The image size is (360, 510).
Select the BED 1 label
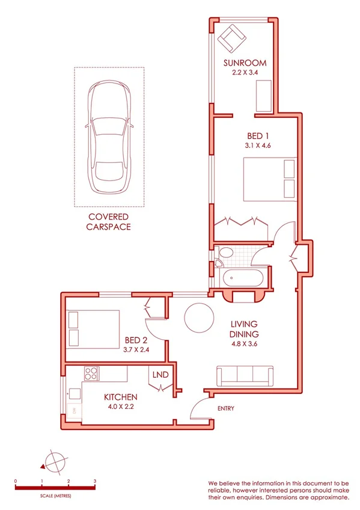245,136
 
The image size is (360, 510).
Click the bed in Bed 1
270,179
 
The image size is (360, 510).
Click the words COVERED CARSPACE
109,222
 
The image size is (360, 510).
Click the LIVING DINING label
245,330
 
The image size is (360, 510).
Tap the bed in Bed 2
93,328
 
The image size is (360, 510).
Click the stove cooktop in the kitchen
91,373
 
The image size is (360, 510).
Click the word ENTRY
225,409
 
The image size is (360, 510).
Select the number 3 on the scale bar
95,482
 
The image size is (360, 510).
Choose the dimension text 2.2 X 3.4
245,73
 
